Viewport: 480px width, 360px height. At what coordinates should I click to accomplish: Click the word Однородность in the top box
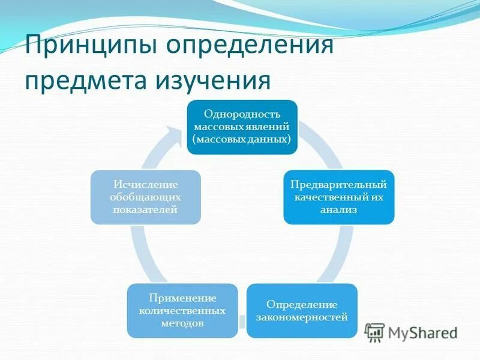[242, 114]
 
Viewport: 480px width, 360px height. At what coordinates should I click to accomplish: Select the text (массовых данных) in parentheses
[242, 139]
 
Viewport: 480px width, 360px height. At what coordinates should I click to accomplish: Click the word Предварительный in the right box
[338, 184]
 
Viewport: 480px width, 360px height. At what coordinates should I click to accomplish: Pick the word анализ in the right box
[338, 210]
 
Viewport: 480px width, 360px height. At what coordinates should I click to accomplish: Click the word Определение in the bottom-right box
[302, 305]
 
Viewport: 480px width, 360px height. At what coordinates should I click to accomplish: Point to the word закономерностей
[302, 317]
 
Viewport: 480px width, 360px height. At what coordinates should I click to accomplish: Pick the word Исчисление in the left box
[145, 184]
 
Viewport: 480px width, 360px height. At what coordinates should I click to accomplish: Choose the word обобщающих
[145, 197]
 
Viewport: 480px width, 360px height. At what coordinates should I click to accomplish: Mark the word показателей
[145, 210]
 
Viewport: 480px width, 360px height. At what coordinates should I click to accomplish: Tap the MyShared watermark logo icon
[375, 332]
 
